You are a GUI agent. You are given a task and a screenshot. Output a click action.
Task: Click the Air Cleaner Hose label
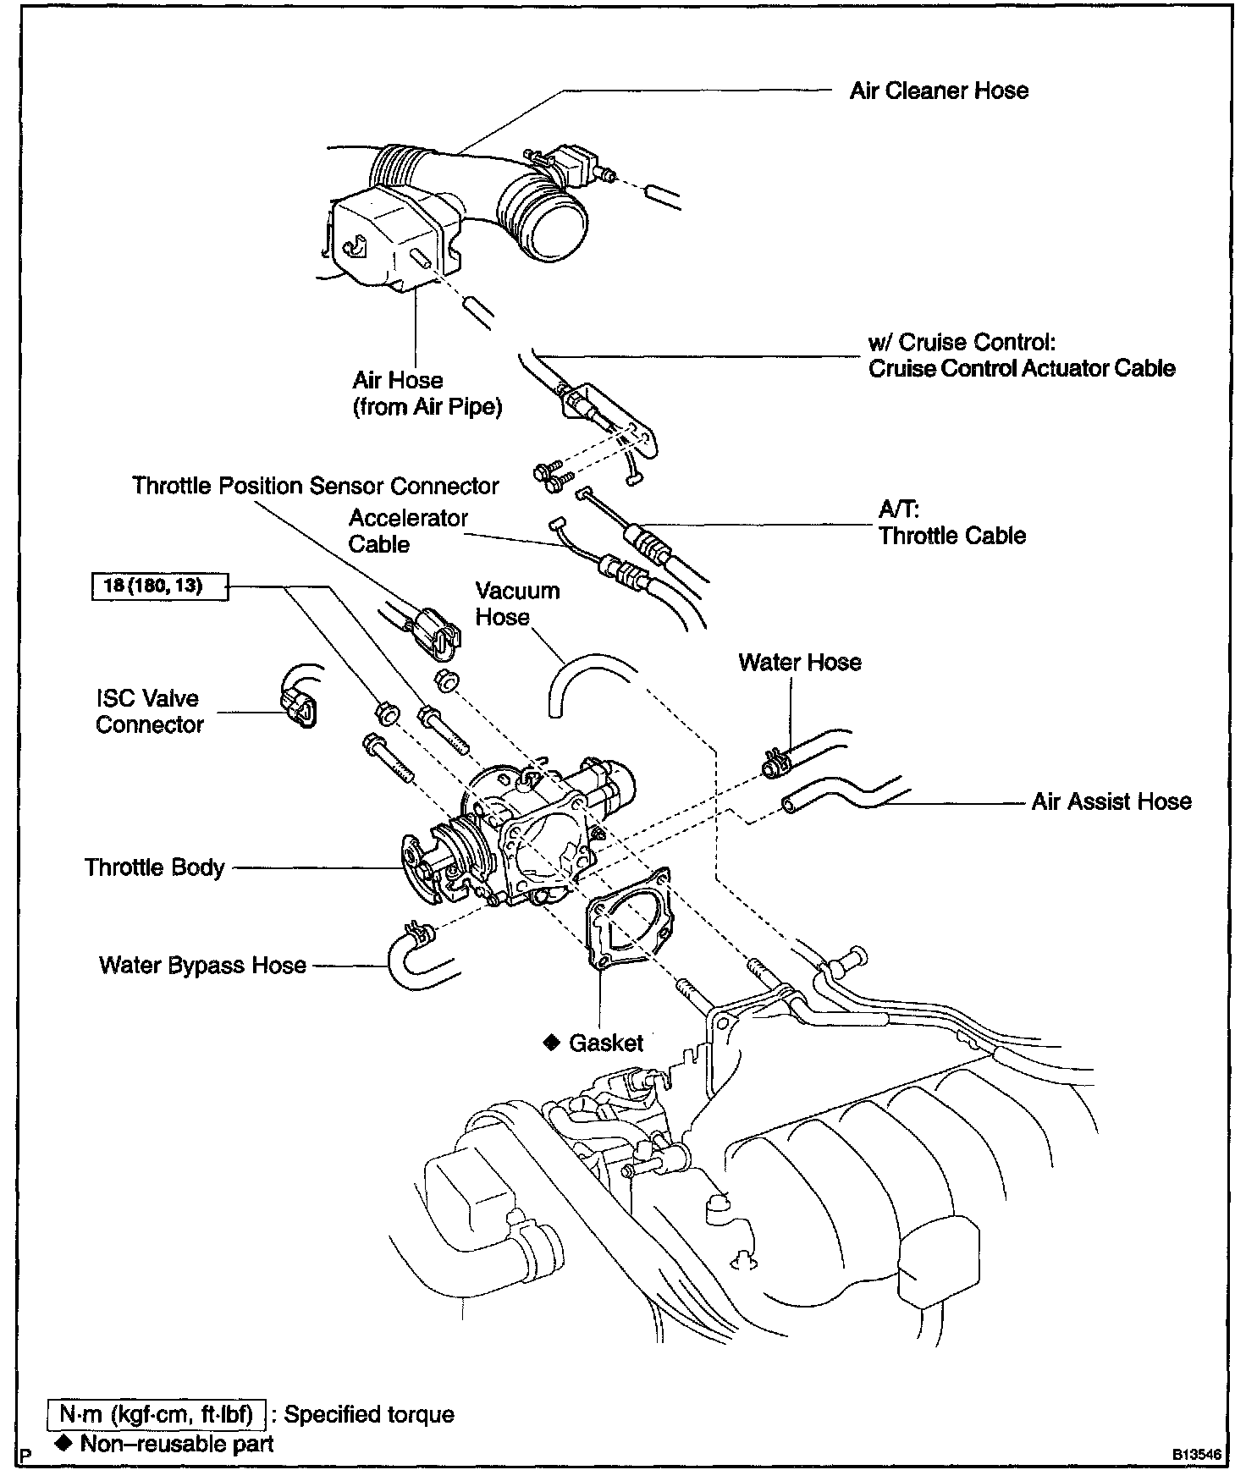[x=938, y=91]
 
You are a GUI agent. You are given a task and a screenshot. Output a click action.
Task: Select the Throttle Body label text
[x=154, y=867]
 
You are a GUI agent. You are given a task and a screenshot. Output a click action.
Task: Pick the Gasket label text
[x=605, y=1043]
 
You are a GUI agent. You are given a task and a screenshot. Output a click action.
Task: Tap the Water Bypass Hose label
[x=202, y=966]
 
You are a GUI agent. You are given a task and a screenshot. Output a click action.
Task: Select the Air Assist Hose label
[x=1111, y=801]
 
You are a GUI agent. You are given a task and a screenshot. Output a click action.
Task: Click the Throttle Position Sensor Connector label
[x=315, y=486]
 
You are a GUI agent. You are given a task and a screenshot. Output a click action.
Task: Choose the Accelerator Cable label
[x=407, y=531]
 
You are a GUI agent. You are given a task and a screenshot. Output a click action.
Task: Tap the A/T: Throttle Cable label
[x=951, y=522]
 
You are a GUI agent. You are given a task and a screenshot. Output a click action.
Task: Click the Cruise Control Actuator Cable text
[x=1021, y=369]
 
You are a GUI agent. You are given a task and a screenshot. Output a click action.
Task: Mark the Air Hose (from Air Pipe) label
[x=427, y=394]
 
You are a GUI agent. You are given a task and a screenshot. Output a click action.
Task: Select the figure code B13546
[x=1196, y=1455]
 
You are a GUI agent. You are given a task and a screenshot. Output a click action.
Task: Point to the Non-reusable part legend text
[x=176, y=1443]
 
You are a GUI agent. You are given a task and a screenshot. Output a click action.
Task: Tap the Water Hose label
[x=799, y=662]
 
